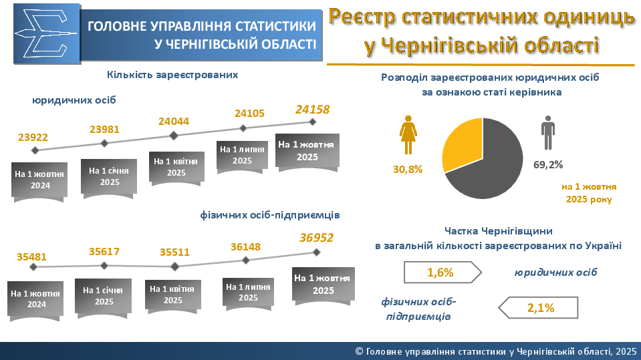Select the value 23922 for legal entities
point(33,138)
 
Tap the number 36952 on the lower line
point(316,237)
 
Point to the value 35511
point(174,252)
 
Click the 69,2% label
point(548,164)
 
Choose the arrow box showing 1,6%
point(442,272)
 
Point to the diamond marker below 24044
point(174,136)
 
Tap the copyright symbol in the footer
point(360,351)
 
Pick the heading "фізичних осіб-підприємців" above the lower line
point(270,215)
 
